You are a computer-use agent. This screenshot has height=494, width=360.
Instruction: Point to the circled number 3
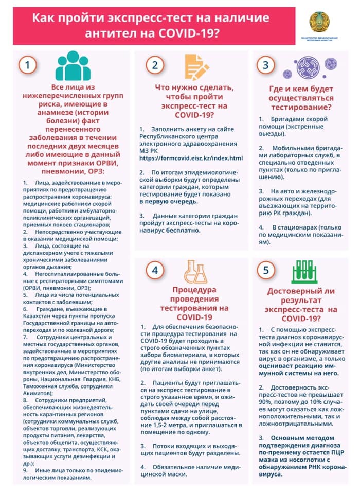point(265,65)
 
